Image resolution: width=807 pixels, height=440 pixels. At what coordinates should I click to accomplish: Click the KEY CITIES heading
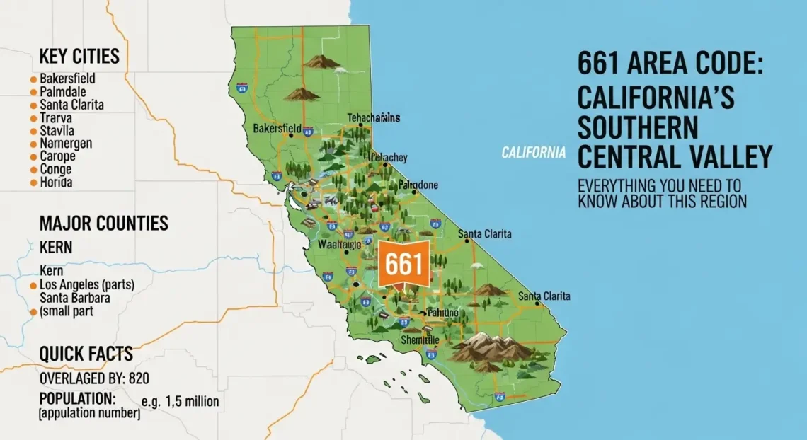pos(79,56)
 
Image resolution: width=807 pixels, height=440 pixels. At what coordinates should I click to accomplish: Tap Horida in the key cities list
pos(57,182)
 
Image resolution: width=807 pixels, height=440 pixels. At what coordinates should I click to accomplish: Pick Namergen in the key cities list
pos(67,144)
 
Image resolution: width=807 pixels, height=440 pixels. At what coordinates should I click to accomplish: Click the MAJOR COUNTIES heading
pos(103,224)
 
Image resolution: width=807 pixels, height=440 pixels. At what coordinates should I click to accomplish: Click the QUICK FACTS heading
pos(86,354)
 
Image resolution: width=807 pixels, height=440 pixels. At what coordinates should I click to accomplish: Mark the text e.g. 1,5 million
pos(180,402)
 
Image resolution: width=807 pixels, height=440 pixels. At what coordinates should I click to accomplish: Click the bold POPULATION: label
pos(77,398)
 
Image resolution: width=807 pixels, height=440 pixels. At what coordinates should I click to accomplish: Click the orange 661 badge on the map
pos(403,265)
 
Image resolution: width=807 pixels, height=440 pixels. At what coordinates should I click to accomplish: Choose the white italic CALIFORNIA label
pos(533,152)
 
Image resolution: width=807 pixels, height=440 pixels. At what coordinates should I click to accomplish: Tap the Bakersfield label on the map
pos(277,129)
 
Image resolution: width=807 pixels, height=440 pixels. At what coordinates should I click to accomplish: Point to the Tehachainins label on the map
pos(374,117)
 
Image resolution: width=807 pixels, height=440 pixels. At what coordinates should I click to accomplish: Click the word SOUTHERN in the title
pos(637,128)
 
